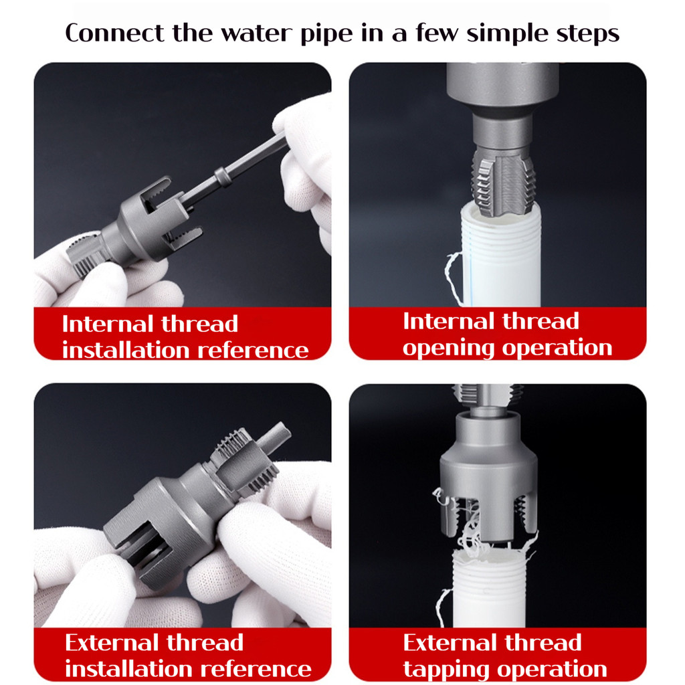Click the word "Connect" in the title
[115, 33]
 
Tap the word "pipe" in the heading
[326, 34]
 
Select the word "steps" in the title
[587, 34]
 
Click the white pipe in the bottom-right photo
[488, 587]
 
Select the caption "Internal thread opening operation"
[507, 334]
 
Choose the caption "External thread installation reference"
[188, 656]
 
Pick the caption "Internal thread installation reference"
[185, 337]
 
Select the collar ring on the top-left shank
[222, 176]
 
